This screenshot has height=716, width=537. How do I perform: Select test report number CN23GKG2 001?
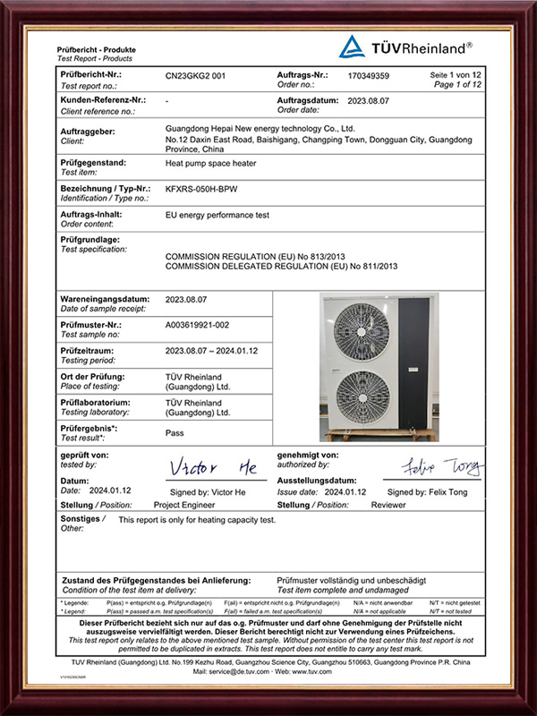(x=196, y=76)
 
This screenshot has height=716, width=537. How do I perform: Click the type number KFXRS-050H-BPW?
(x=208, y=191)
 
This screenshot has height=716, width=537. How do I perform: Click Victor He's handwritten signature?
(x=213, y=469)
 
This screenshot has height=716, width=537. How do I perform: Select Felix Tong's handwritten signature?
(x=440, y=467)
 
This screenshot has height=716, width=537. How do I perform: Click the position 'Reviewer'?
(x=388, y=505)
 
